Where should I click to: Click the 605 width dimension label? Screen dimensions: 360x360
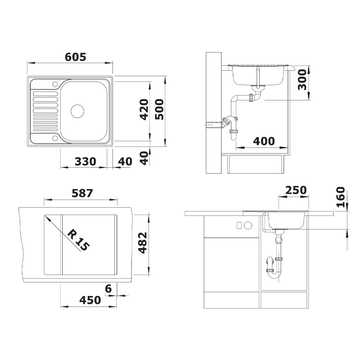coord(76,57)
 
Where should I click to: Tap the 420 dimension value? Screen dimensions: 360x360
coord(143,109)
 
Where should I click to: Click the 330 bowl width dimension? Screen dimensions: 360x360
coord(85,162)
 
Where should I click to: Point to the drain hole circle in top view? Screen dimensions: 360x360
coord(77,111)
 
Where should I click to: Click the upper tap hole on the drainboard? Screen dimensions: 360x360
coord(55,85)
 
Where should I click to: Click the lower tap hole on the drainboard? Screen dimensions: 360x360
coord(55,138)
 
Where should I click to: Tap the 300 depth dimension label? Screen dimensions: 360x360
coord(302,80)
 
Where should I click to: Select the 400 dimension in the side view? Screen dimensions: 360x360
coord(264,141)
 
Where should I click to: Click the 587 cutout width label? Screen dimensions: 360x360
coord(82,193)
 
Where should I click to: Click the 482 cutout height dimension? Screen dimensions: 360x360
coord(143,243)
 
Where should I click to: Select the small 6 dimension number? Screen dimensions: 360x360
coord(108,288)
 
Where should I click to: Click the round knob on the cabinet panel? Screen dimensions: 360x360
coord(248,226)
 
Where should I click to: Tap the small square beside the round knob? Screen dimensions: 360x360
coord(238,226)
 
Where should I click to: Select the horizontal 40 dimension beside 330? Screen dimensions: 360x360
coord(125,162)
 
